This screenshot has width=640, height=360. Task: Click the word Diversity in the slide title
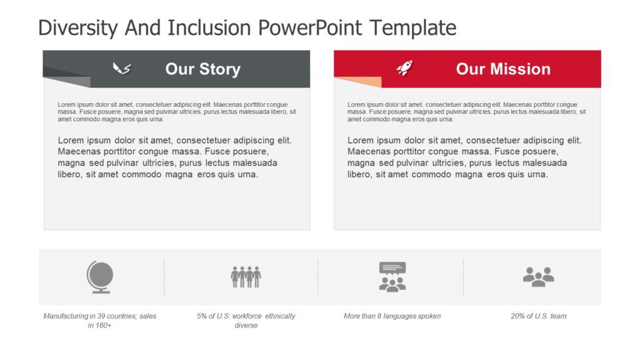click(x=77, y=28)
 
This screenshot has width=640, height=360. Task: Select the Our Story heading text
click(x=202, y=69)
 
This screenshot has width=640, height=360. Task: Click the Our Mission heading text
click(x=503, y=69)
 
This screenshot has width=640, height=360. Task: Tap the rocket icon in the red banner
click(x=405, y=68)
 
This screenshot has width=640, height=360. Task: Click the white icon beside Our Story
click(x=121, y=68)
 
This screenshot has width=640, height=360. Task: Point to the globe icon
click(x=100, y=277)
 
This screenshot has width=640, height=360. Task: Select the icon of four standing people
click(x=246, y=276)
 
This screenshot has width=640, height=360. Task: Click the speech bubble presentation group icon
click(x=392, y=276)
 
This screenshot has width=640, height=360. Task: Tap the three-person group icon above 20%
click(x=538, y=276)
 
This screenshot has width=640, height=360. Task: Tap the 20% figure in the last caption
click(x=518, y=316)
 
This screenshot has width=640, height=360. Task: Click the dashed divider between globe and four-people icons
click(x=164, y=276)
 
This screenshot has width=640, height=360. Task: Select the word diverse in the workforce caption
click(x=246, y=326)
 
